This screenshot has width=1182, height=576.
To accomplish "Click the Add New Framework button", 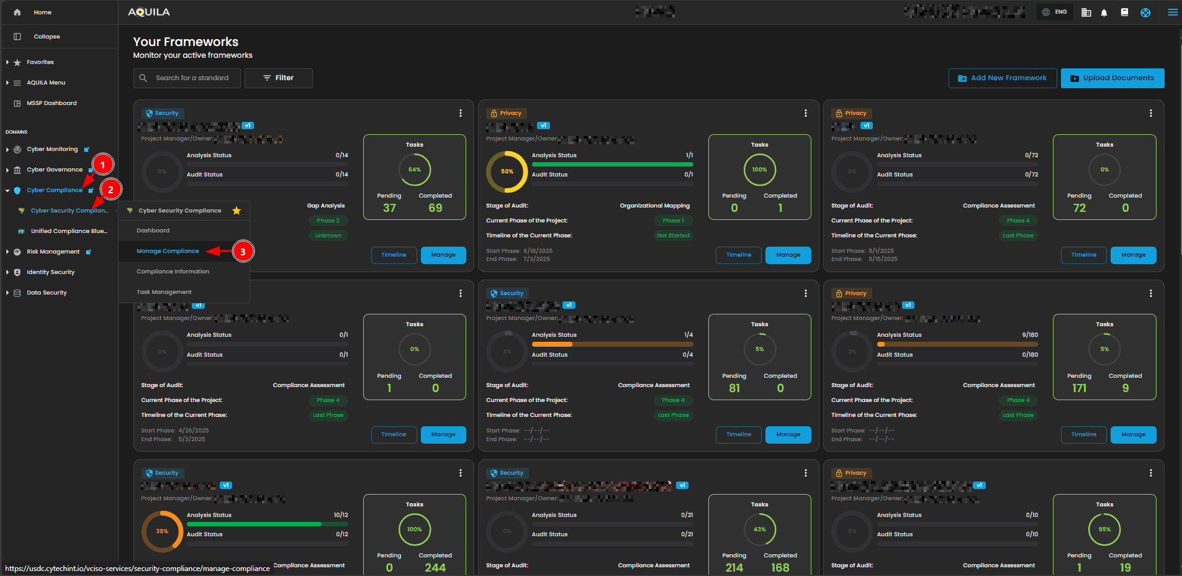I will pos(1002,78).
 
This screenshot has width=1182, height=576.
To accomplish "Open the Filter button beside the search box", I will pos(278,78).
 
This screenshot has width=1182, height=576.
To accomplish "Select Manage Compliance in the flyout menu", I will pos(168,251).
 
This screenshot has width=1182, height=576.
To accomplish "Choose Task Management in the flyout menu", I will pos(164,292).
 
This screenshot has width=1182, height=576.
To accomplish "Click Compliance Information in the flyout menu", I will pos(173,272).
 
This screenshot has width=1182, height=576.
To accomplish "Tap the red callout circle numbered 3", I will pos(243,252).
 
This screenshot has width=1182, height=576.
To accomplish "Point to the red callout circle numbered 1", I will pos(102,165).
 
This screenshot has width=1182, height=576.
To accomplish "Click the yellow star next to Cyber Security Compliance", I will pos(237,211).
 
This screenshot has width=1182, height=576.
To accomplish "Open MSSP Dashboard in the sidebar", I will pos(52,103).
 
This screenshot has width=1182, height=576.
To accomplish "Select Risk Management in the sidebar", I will pos(53,252).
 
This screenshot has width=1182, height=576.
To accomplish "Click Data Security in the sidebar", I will pos(47,293).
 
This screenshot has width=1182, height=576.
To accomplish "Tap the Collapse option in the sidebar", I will pos(47,37).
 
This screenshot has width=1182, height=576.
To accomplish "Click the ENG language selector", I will pos(1055,12).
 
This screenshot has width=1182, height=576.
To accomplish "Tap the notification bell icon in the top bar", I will pos(1104,12).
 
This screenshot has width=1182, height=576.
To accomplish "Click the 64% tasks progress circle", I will pos(415,170).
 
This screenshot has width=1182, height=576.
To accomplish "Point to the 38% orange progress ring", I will pos(162,531).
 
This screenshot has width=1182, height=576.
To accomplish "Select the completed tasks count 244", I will pos(435,567).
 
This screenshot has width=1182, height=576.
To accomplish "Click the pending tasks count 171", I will pos(1079,388).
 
